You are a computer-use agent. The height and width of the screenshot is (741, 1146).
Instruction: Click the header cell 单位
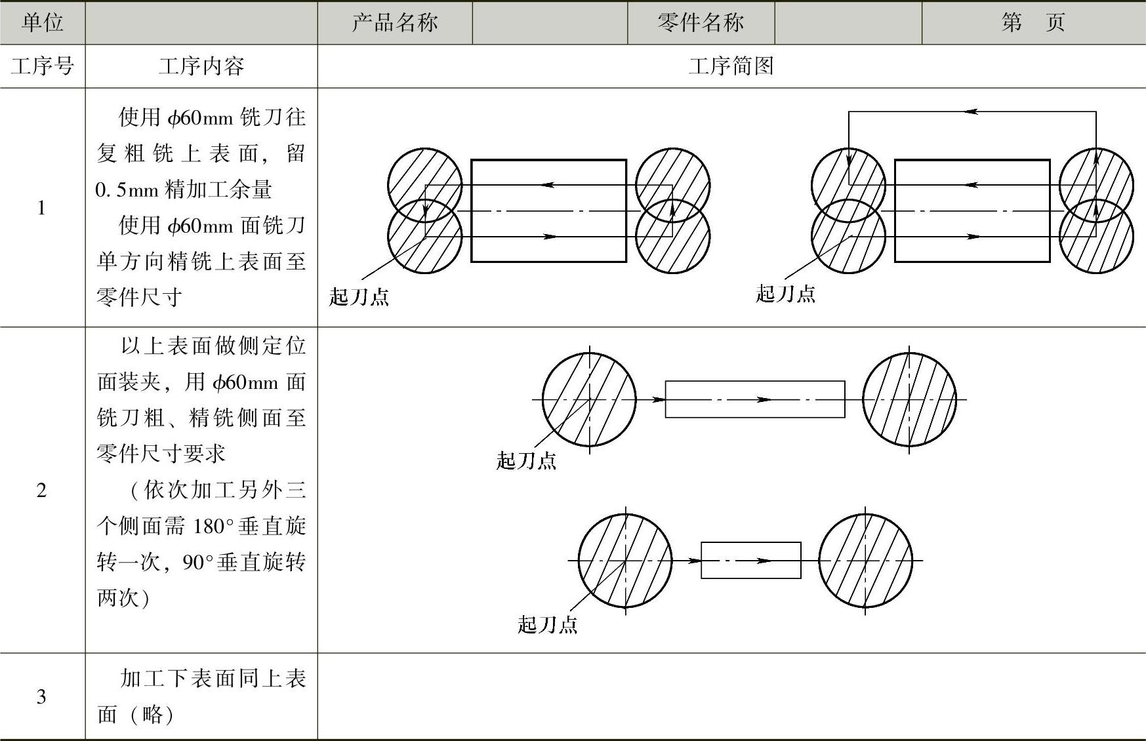(43, 23)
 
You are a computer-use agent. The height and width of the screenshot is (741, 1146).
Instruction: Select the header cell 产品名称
(395, 23)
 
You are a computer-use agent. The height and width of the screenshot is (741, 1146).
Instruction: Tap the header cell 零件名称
(701, 23)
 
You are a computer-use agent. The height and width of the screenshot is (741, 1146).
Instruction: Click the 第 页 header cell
(1033, 23)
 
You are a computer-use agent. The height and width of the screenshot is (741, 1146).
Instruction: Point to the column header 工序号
(43, 66)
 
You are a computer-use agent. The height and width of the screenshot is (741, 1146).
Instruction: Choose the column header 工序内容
(201, 66)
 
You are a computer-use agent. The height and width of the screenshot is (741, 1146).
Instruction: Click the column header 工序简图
(731, 66)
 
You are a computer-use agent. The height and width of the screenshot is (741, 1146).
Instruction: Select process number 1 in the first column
(41, 209)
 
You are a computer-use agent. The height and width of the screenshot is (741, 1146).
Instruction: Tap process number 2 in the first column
(41, 490)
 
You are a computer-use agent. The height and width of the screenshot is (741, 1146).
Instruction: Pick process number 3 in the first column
(41, 696)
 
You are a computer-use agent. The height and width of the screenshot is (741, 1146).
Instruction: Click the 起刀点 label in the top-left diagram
(359, 297)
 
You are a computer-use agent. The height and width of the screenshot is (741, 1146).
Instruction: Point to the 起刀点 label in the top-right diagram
(785, 293)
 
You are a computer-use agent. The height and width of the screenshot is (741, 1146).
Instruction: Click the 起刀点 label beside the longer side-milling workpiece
(526, 460)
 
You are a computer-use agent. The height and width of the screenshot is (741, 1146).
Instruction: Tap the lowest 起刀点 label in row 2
(547, 624)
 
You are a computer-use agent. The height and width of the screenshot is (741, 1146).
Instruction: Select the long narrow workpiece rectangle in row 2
(754, 399)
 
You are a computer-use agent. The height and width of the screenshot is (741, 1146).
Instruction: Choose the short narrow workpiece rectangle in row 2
(750, 561)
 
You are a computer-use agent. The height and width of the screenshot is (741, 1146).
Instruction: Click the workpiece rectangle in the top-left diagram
(548, 210)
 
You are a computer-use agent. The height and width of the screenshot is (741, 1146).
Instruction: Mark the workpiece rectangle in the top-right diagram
(972, 210)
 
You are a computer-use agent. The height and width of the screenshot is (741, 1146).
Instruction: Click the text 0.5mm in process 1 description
(127, 190)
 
